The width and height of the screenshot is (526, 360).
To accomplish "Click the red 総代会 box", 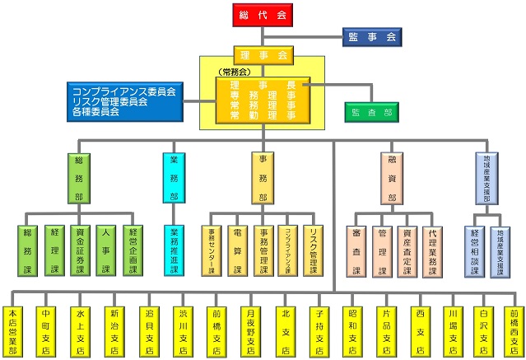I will pyautogui.click(x=263, y=16).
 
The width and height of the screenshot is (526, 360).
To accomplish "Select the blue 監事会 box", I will pyautogui.click(x=371, y=37).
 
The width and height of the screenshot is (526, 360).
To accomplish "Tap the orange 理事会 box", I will pyautogui.click(x=263, y=55).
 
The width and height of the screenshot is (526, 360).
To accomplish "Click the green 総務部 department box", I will pyautogui.click(x=79, y=177).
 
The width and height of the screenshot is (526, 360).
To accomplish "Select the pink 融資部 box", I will pyautogui.click(x=392, y=177).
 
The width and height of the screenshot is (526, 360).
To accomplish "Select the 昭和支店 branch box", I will pyautogui.click(x=352, y=330).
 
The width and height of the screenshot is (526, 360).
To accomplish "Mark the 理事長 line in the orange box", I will pyautogui.click(x=263, y=85).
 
